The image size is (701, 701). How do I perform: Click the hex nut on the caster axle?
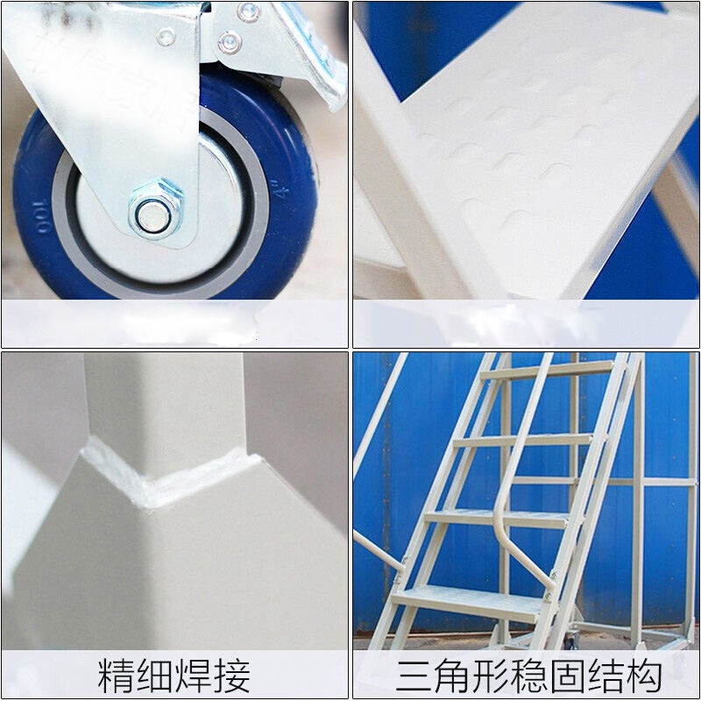(x=156, y=210)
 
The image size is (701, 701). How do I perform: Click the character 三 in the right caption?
(x=415, y=676)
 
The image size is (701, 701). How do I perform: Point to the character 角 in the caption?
(x=455, y=676)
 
